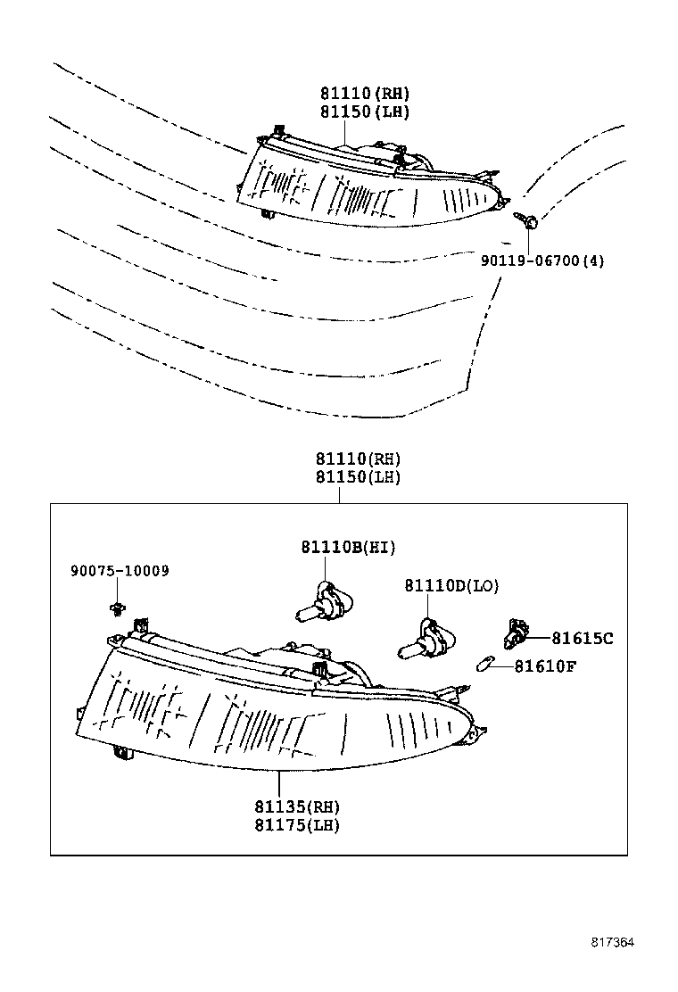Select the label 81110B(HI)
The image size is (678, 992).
pos(348,547)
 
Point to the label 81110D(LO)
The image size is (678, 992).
pos(451,586)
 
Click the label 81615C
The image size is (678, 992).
pos(582,638)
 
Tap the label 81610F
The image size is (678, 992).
pos(546,665)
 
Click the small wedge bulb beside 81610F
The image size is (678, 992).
pos(486,665)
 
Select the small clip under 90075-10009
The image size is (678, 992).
pos(112,609)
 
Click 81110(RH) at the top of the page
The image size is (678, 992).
pos(365,94)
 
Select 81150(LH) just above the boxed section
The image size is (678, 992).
pos(358,477)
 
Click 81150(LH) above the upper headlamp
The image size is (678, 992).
pos(365,112)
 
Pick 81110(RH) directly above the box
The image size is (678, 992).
pos(358,459)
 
